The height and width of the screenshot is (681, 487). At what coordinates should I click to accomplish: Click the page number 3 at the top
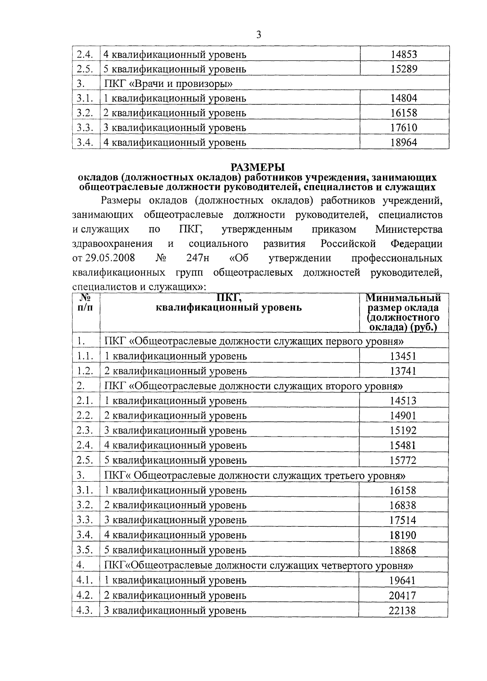pyautogui.click(x=259, y=35)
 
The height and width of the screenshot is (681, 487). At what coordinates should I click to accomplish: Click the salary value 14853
pyautogui.click(x=403, y=54)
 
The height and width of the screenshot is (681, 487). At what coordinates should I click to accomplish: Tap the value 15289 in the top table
pyautogui.click(x=403, y=69)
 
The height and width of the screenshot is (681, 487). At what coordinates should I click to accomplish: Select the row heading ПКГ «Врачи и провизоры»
pyautogui.click(x=168, y=84)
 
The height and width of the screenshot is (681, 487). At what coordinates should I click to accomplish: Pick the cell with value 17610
pyautogui.click(x=403, y=128)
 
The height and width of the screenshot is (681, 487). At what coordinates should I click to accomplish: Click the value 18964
pyautogui.click(x=403, y=142)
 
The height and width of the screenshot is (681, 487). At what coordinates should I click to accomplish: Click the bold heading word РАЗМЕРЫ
pyautogui.click(x=258, y=167)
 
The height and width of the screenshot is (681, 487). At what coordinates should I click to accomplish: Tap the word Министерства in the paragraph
pyautogui.click(x=409, y=229)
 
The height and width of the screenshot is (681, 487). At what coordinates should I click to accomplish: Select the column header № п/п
pyautogui.click(x=85, y=303)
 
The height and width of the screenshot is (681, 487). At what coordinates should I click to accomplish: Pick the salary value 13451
pyautogui.click(x=403, y=356)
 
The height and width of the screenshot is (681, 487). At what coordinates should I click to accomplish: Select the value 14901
pyautogui.click(x=403, y=416)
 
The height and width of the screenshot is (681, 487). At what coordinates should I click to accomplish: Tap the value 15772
pyautogui.click(x=403, y=460)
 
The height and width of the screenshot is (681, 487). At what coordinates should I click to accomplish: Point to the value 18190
pyautogui.click(x=403, y=535)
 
